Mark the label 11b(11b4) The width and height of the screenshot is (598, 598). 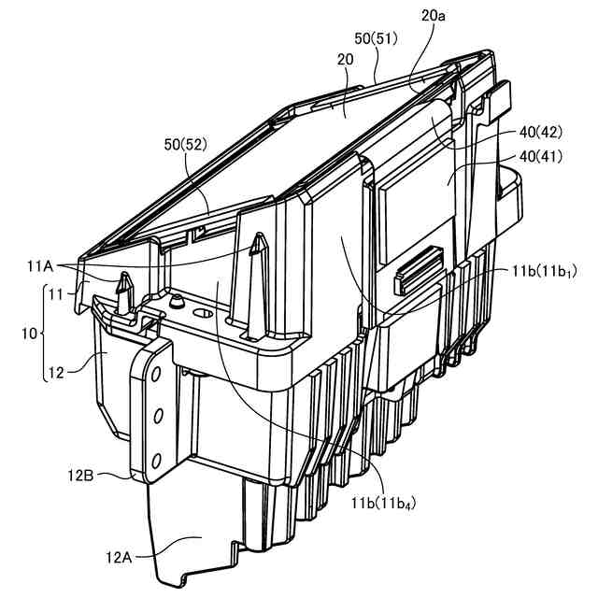click(382, 504)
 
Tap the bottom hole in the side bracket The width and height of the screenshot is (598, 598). click(156, 458)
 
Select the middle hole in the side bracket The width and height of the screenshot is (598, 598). click(157, 414)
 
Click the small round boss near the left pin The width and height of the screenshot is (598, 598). click(175, 301)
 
